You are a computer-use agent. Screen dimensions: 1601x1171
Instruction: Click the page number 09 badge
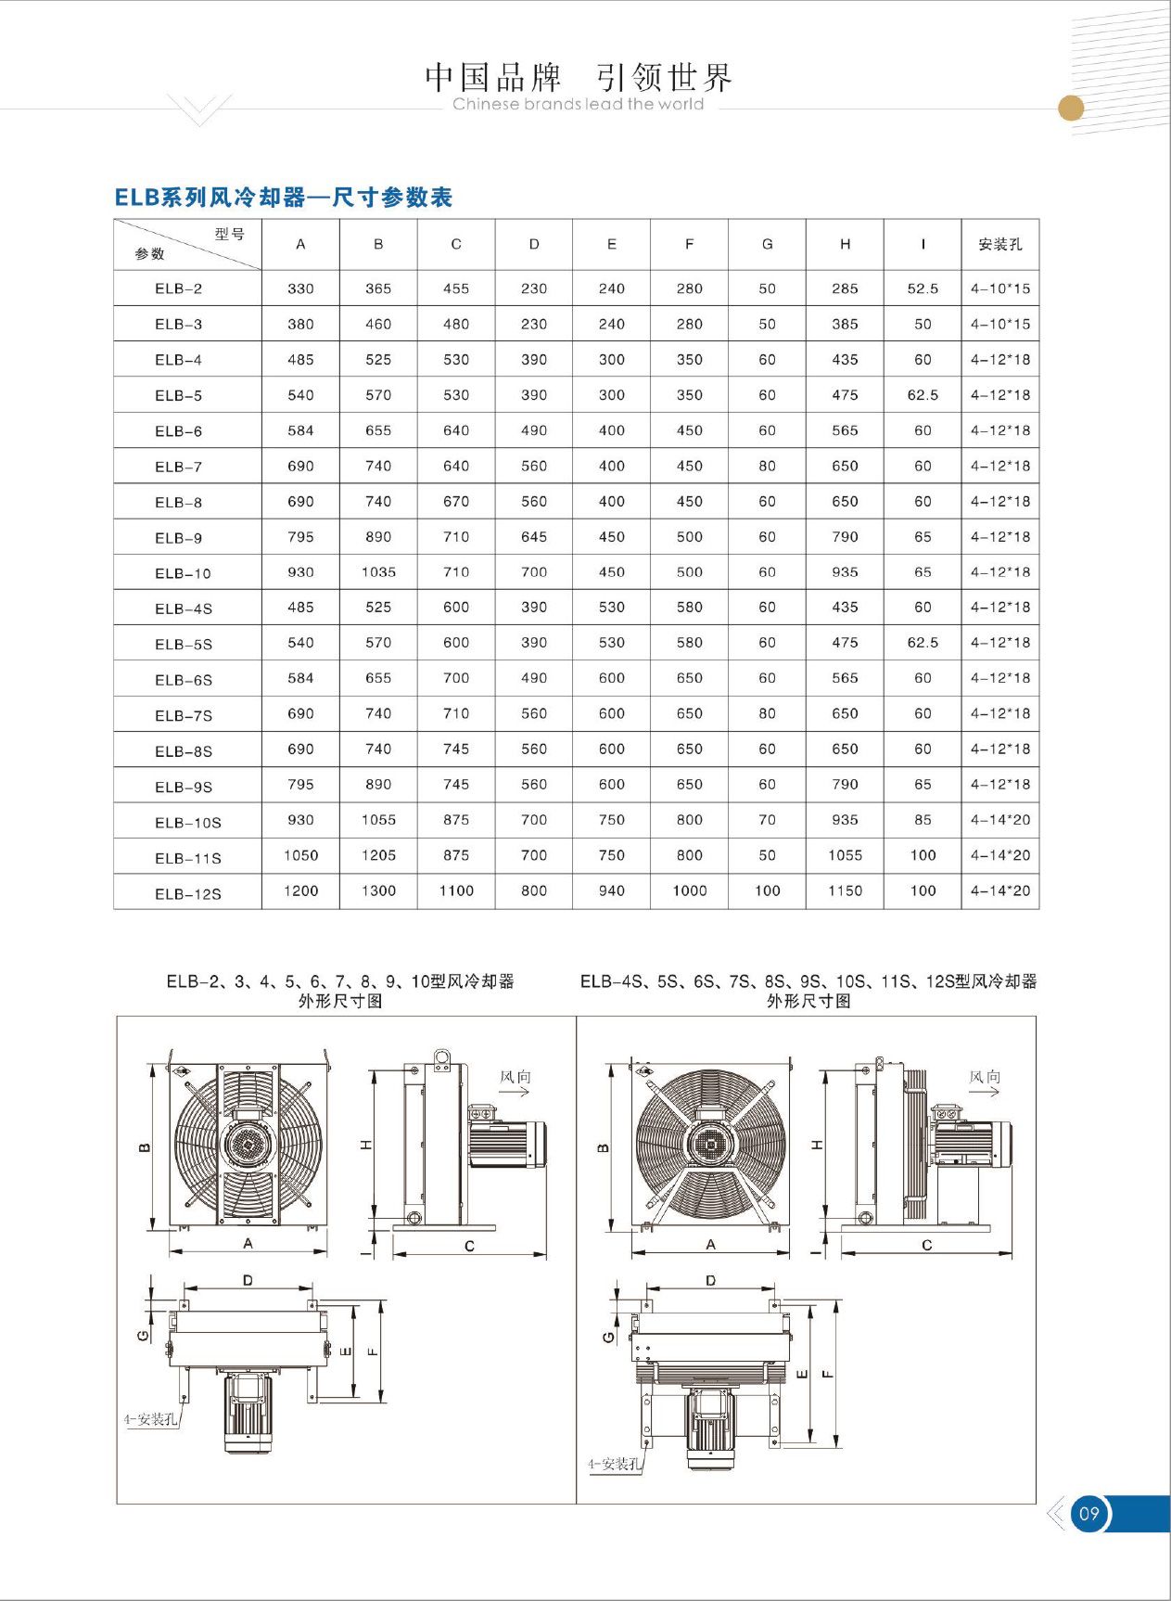(1088, 1514)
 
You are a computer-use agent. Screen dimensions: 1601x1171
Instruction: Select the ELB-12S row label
(187, 894)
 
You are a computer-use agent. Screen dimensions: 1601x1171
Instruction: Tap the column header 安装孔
(999, 245)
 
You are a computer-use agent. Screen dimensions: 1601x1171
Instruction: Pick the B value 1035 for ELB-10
(378, 572)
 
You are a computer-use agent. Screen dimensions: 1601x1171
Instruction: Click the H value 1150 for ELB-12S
(845, 890)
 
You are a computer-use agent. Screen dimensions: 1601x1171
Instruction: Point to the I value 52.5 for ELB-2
(923, 288)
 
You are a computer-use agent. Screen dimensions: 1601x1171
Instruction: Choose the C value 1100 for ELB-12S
(456, 890)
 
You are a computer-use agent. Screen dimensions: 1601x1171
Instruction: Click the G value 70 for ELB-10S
(767, 820)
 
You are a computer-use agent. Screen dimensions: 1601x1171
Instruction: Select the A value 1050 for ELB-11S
(300, 855)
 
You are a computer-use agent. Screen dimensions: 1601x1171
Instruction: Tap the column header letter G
(767, 245)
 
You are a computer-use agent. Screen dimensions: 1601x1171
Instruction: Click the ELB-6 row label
(178, 431)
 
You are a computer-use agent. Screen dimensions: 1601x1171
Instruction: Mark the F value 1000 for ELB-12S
(689, 890)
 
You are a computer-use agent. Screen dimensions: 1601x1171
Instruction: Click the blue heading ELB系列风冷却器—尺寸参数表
(283, 198)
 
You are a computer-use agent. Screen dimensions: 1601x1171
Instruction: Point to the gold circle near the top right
(1071, 109)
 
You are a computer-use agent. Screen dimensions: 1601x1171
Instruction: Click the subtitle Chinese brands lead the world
(578, 105)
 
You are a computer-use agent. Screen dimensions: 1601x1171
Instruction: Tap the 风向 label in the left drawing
(515, 1077)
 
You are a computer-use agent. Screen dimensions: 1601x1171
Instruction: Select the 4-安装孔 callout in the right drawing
(613, 1464)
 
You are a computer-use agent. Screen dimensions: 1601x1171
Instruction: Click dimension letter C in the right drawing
(926, 1245)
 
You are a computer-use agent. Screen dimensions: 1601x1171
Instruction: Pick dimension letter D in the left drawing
(248, 1280)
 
